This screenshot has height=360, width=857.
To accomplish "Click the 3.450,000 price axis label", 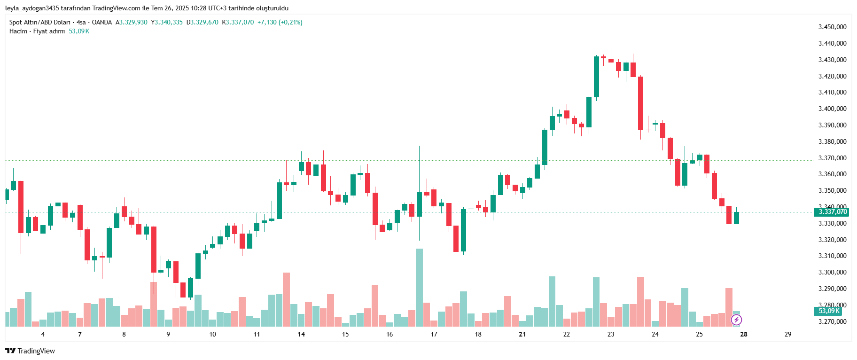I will (x=832, y=27).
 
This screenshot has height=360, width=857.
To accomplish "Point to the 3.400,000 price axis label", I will (x=832, y=109).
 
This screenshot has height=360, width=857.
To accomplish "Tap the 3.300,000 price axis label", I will (x=832, y=272).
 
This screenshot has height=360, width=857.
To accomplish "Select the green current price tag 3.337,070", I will (x=832, y=212).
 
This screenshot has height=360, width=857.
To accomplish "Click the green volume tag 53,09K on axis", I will (x=828, y=311).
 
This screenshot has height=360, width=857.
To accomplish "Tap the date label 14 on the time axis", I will (x=301, y=334).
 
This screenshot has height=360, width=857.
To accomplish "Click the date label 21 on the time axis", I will (x=522, y=334).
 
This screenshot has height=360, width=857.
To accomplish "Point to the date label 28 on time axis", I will (x=744, y=334).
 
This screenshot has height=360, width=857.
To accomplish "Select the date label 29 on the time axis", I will (x=788, y=334).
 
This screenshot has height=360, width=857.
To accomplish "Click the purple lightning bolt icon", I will (x=736, y=320).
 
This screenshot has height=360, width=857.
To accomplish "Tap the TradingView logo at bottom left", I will (x=30, y=351).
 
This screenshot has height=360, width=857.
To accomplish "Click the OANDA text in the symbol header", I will (x=102, y=22).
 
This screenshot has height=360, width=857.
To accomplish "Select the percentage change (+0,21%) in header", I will (x=291, y=22).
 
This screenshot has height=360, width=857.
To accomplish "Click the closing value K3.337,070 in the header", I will (x=238, y=22).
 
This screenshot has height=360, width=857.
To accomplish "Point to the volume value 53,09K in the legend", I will (x=79, y=31).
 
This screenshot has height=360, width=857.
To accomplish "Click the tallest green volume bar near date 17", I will (x=419, y=287).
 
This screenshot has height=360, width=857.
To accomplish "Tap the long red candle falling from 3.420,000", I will (x=640, y=103).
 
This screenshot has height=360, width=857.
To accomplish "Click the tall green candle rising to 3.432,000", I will (x=596, y=77).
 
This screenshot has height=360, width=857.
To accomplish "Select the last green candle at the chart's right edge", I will (x=736, y=218).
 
